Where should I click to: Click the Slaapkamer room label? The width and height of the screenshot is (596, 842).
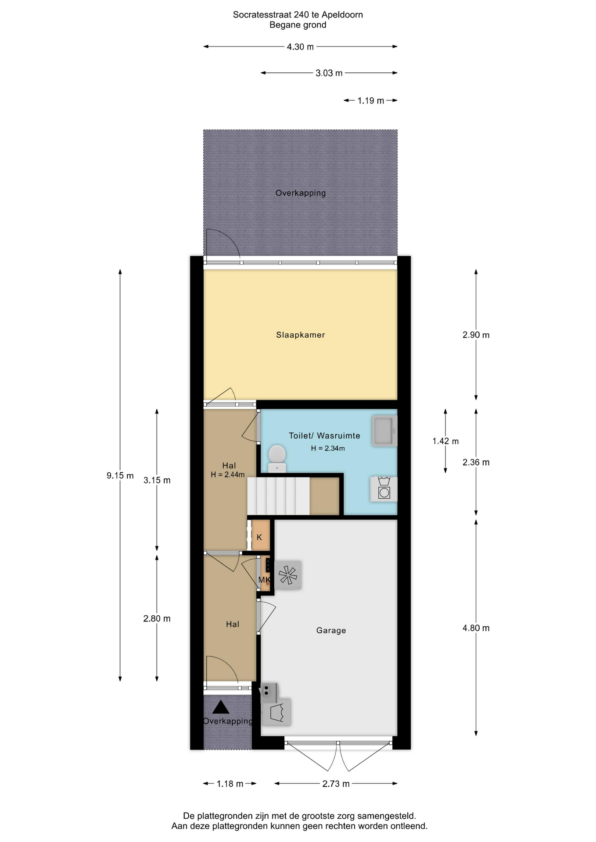[300, 335]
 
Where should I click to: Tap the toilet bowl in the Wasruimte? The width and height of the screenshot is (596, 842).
[277, 458]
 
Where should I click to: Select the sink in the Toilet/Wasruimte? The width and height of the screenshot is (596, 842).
[384, 431]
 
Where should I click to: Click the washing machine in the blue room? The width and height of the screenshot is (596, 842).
[384, 489]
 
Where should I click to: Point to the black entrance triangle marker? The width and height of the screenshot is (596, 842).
[221, 707]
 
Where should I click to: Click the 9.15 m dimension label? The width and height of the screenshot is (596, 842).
[120, 475]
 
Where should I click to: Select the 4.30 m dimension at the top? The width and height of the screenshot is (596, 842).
[300, 47]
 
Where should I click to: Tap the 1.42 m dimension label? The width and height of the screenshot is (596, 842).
[445, 441]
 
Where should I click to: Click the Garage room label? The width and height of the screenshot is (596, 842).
[331, 631]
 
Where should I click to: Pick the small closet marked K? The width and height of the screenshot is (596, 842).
[260, 535]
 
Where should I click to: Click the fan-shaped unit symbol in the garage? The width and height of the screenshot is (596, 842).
[288, 575]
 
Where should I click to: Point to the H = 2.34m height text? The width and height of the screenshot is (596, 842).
[328, 449]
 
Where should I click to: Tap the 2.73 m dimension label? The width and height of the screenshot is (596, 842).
[336, 784]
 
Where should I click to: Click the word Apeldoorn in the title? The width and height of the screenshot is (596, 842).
[342, 15]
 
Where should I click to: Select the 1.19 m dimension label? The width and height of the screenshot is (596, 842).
[371, 101]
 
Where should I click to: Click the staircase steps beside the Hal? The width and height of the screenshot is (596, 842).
[279, 496]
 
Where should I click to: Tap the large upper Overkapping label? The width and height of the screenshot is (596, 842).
[301, 193]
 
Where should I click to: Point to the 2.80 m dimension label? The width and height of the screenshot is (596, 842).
[157, 619]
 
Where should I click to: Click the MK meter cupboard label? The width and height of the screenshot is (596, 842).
[265, 580]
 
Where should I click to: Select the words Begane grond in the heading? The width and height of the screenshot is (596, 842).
[298, 25]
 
